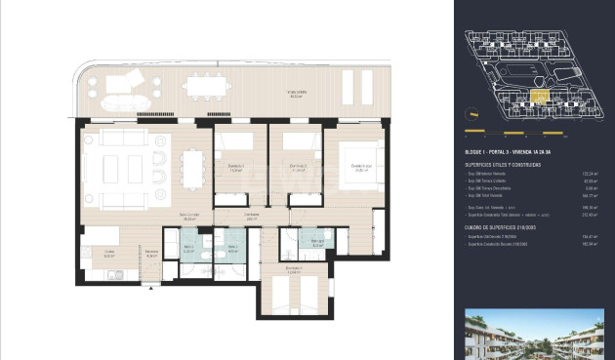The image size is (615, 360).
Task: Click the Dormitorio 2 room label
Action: [x=291, y=166]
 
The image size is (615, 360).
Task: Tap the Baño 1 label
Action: [x=187, y=248]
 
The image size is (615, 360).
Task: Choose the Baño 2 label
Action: [x=231, y=248]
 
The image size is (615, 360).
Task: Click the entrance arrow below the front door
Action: [x=150, y=287]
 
